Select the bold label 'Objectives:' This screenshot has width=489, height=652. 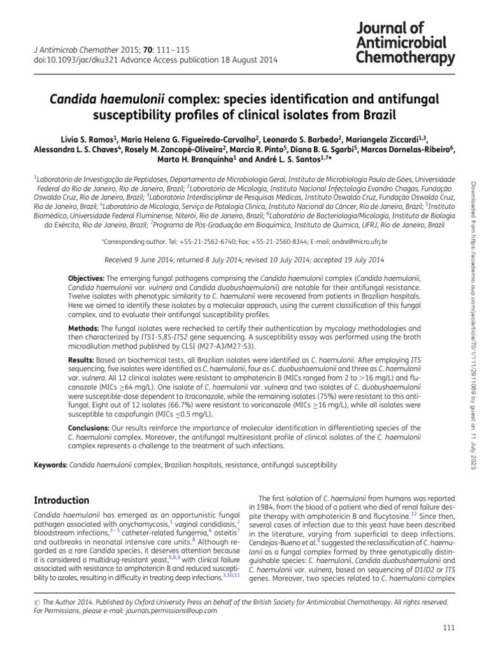pyautogui.click(x=86, y=279)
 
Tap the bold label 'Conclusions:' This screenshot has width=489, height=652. pyautogui.click(x=89, y=428)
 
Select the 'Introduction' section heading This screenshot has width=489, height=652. pyautogui.click(x=61, y=500)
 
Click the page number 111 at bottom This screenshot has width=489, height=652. pyautogui.click(x=448, y=629)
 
